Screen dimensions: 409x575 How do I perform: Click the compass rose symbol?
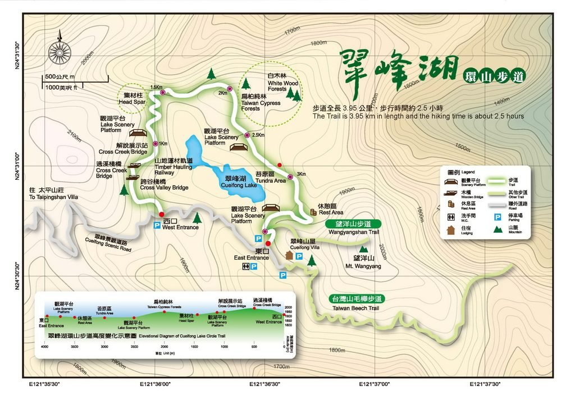pyautogui.click(x=59, y=53)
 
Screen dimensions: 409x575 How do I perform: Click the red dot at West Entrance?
pyautogui.click(x=162, y=214)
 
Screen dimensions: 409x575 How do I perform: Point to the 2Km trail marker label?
pyautogui.click(x=222, y=93)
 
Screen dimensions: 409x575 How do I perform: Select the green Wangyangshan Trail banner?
pyautogui.click(x=354, y=228)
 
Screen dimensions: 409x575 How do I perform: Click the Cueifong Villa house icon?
pyautogui.click(x=290, y=256)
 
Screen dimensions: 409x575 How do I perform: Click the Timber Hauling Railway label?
pyautogui.click(x=174, y=167)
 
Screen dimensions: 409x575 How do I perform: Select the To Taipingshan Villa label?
pyautogui.click(x=54, y=194)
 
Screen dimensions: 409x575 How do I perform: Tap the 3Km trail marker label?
pyautogui.click(x=300, y=174)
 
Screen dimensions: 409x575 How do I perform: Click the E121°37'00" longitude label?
pyautogui.click(x=375, y=384)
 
